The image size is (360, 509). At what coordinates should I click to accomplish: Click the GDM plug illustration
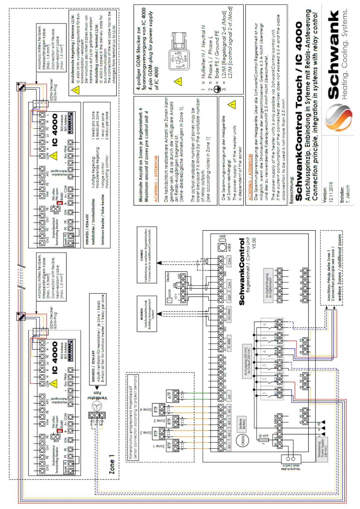(179, 51)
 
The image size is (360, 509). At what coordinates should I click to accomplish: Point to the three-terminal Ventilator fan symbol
(97, 416)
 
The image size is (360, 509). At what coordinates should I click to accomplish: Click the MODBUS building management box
(147, 314)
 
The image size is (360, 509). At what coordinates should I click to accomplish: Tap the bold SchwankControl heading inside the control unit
(242, 272)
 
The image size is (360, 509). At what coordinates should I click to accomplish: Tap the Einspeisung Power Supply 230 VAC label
(322, 450)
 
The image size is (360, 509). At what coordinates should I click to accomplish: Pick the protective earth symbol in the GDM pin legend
(216, 89)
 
